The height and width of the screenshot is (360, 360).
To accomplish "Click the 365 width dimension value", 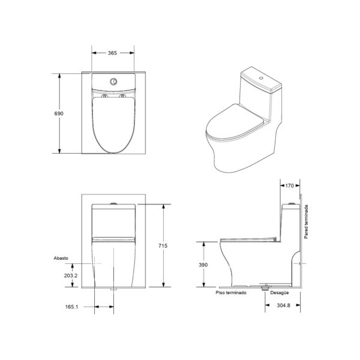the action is (113, 53).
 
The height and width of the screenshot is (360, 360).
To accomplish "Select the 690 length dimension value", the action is (59, 113).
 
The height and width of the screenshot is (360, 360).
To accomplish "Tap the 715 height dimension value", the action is (163, 245).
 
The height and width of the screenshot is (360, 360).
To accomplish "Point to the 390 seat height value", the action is (203, 265).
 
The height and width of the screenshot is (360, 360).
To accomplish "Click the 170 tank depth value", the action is (290, 185).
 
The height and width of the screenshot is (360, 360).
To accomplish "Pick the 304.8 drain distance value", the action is (284, 305).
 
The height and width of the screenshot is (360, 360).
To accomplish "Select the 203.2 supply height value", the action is (71, 275).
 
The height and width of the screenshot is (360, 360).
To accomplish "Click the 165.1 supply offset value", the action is (72, 307).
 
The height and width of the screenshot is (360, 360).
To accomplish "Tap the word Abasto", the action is (61, 258).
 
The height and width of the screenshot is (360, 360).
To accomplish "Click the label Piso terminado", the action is (231, 293).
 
